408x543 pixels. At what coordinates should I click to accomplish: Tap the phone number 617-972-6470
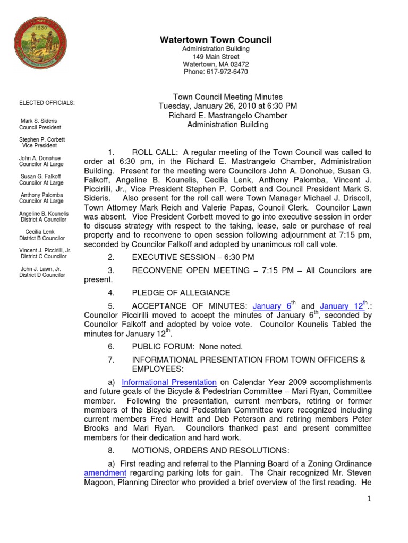[x=216, y=72]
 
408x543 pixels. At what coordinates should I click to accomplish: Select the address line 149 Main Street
[x=216, y=57]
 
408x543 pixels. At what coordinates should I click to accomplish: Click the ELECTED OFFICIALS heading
[x=47, y=103]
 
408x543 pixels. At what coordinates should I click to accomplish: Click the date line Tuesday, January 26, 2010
[x=228, y=106]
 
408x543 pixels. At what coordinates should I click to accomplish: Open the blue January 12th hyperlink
[x=342, y=306]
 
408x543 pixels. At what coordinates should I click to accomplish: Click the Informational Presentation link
[x=169, y=382]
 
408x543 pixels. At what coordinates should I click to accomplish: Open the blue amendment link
[x=105, y=472]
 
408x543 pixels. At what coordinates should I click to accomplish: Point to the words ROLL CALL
[x=155, y=152]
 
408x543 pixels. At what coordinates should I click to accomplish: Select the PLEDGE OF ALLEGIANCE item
[x=181, y=293]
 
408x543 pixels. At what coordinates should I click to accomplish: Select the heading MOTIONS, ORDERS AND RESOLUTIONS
[x=210, y=450]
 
